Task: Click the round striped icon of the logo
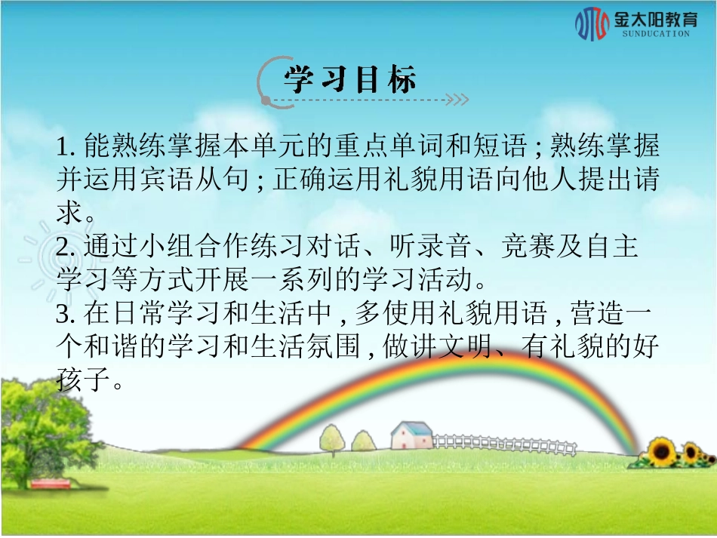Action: pyautogui.click(x=592, y=24)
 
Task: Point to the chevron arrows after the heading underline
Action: pyautogui.click(x=457, y=99)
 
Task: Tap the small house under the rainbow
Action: pyautogui.click(x=412, y=435)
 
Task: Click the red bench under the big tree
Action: pyautogui.click(x=51, y=482)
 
